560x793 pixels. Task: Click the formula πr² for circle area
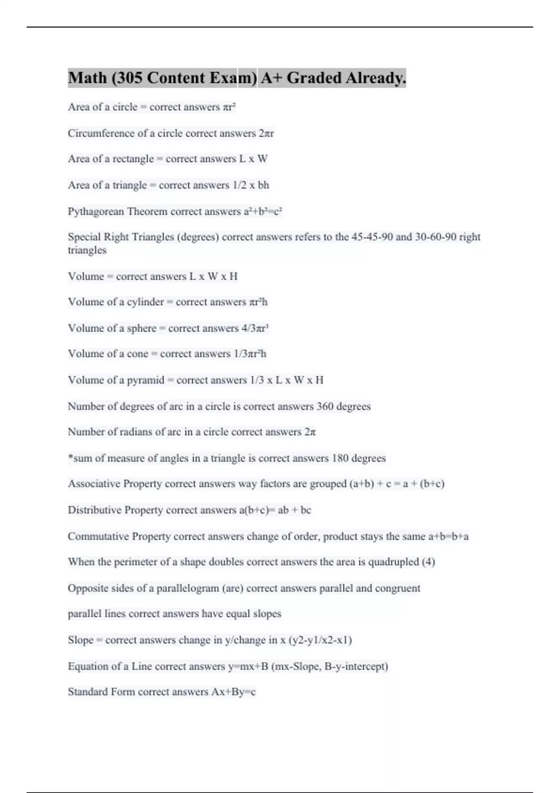click(x=229, y=107)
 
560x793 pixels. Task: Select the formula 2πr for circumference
click(x=266, y=133)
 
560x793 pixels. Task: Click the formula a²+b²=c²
click(x=263, y=212)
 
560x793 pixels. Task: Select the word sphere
click(x=141, y=328)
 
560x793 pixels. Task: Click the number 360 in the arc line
click(x=325, y=406)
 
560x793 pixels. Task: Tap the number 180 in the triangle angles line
click(x=340, y=458)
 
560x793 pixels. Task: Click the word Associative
click(x=94, y=484)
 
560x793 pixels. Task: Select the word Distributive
click(x=94, y=510)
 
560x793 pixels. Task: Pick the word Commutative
click(x=98, y=536)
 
